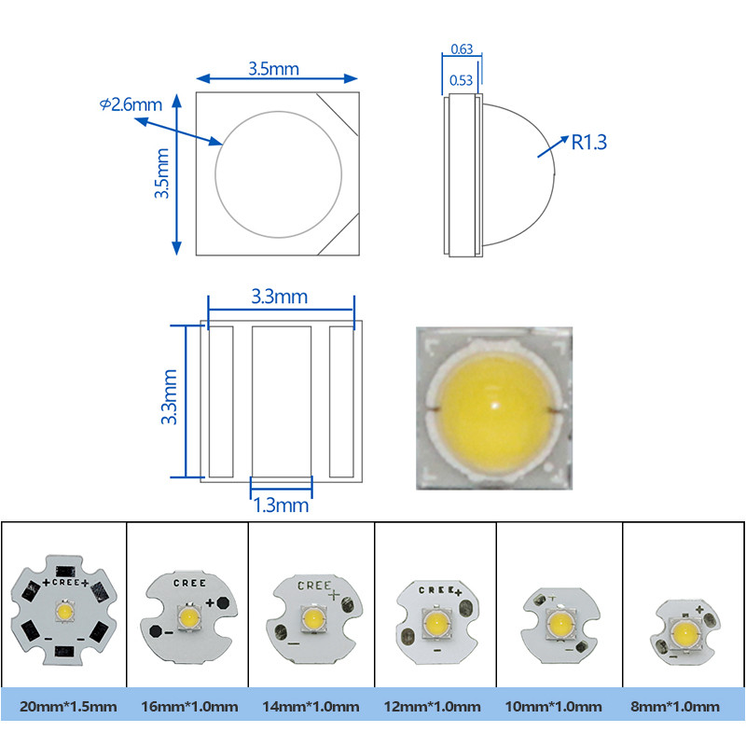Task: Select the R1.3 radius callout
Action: (x=588, y=143)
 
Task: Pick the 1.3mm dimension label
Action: (x=281, y=505)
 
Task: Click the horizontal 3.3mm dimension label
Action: (x=280, y=297)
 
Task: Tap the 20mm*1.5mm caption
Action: (x=63, y=706)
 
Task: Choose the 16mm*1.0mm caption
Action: (x=186, y=706)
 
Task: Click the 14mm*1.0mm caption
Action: (x=311, y=706)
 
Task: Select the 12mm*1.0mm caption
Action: (x=435, y=706)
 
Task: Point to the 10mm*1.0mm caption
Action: (x=559, y=706)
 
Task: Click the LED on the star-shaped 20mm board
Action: (x=65, y=613)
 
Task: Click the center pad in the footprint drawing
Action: (x=281, y=399)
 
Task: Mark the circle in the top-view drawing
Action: (x=278, y=174)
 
